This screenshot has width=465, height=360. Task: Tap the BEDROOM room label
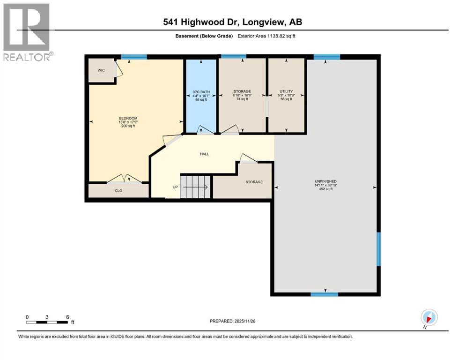tap(127, 118)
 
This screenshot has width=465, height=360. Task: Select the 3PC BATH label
tap(200, 91)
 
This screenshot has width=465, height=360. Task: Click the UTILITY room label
tap(286, 91)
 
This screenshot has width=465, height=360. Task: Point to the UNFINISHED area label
tap(325, 181)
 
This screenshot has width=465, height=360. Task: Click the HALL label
tap(205, 154)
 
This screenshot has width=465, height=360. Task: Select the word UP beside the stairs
tap(176, 187)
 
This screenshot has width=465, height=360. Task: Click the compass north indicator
tap(429, 317)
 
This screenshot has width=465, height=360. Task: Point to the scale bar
tap(47, 322)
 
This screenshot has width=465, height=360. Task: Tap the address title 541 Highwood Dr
tap(232, 22)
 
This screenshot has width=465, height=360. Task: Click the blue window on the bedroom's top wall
tap(133, 57)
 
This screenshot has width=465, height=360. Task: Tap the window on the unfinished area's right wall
tap(378, 249)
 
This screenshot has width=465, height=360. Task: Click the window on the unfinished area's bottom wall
tap(325, 294)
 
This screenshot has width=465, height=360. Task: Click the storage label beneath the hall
tap(254, 182)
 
